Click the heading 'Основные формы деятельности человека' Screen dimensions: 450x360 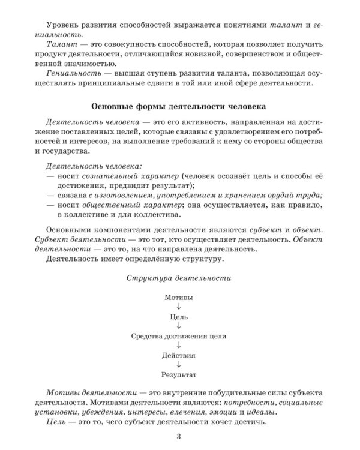click(x=179, y=107)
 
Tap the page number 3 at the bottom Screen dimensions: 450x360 click(x=179, y=435)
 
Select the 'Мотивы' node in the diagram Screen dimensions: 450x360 click(x=179, y=297)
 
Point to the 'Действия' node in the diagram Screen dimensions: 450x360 click(x=179, y=355)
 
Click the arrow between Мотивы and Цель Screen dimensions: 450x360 click(x=179, y=307)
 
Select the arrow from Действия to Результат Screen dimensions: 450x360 click(x=179, y=365)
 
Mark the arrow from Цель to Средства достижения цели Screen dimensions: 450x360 click(x=179, y=326)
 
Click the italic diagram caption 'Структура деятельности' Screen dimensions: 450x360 click(x=179, y=278)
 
